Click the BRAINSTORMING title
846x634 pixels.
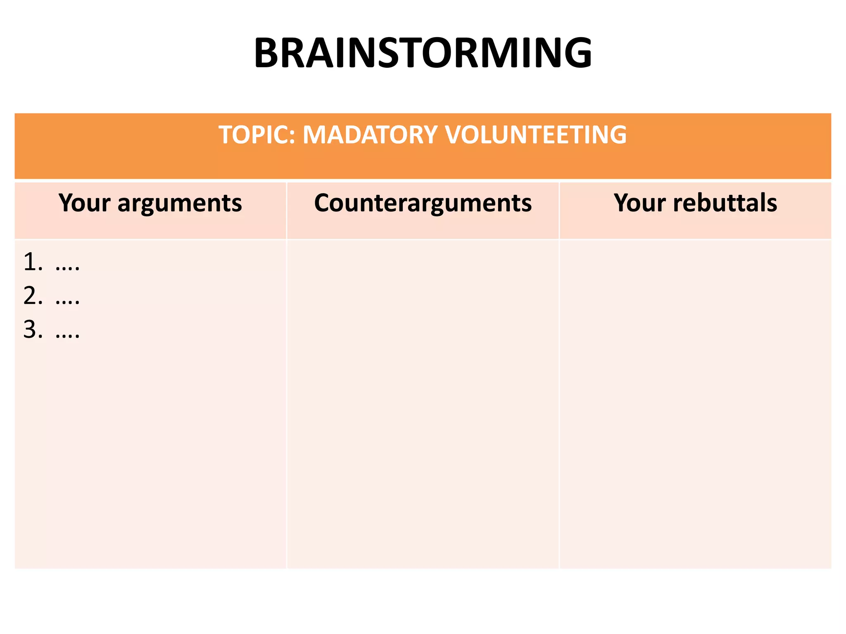(x=423, y=53)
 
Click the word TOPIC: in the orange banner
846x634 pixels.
(x=256, y=135)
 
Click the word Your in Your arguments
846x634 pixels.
(x=84, y=203)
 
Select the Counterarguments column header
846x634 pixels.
(x=423, y=203)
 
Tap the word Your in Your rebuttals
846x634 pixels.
(x=639, y=203)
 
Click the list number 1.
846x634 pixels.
(x=31, y=262)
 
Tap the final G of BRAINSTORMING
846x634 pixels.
(x=576, y=53)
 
